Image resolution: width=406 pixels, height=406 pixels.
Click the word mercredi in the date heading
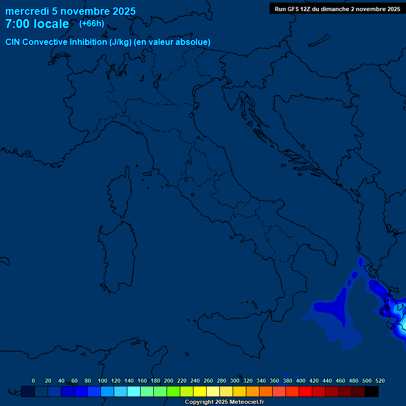click(x=27, y=11)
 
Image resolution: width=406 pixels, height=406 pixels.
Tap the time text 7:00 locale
click(x=37, y=24)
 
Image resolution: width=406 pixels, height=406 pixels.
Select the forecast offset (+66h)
click(x=91, y=24)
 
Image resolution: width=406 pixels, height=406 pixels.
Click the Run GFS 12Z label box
click(x=337, y=9)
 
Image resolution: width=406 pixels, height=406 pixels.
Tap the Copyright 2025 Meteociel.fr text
click(x=224, y=402)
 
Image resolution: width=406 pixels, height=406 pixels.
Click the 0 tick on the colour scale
click(x=33, y=381)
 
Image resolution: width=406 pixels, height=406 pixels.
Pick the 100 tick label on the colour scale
click(x=102, y=381)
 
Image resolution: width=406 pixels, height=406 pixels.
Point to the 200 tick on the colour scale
click(x=169, y=381)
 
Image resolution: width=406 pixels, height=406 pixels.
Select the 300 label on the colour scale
click(x=235, y=381)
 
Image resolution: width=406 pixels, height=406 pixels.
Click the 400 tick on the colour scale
click(x=301, y=381)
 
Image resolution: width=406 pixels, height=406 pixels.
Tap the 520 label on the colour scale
click(x=380, y=381)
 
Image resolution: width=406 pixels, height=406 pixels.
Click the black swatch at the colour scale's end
click(x=372, y=391)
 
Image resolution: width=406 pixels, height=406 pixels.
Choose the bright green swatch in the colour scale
click(x=173, y=391)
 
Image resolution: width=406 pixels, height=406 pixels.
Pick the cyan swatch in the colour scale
click(x=134, y=391)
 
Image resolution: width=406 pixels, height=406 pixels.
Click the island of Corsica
click(x=119, y=193)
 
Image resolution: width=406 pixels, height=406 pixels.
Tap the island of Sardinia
click(x=116, y=256)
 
